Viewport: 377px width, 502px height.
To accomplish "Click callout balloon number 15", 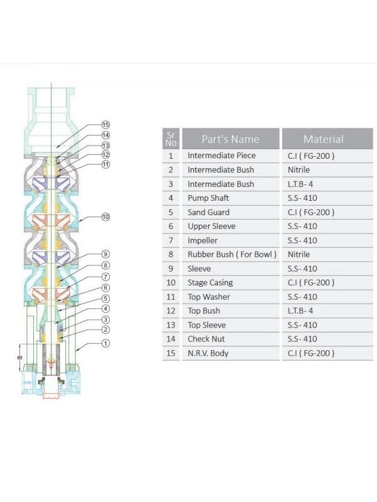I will (x=106, y=124).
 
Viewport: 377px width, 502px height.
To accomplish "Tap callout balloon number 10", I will (x=106, y=216).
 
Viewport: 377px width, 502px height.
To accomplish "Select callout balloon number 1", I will (x=106, y=343).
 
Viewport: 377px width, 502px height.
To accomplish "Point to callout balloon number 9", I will (x=106, y=254).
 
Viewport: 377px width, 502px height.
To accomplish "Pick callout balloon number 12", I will (x=106, y=154).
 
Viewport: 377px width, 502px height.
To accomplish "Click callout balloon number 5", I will (x=106, y=298).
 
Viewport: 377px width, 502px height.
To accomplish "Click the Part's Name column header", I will (x=231, y=139).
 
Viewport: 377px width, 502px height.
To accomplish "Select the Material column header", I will (x=323, y=139).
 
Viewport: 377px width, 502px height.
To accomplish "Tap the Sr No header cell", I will (x=170, y=139).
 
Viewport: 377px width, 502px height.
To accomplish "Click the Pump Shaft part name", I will (x=208, y=198).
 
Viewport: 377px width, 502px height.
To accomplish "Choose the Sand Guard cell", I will (x=209, y=212).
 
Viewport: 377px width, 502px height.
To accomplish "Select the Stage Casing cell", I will (x=210, y=282).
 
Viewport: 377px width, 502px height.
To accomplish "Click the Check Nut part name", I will (x=206, y=339).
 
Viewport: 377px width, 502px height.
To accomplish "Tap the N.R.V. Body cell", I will (x=208, y=353).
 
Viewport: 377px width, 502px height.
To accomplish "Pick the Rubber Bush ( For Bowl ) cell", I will (x=232, y=255).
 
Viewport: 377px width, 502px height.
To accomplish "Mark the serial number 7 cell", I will (x=170, y=240).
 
